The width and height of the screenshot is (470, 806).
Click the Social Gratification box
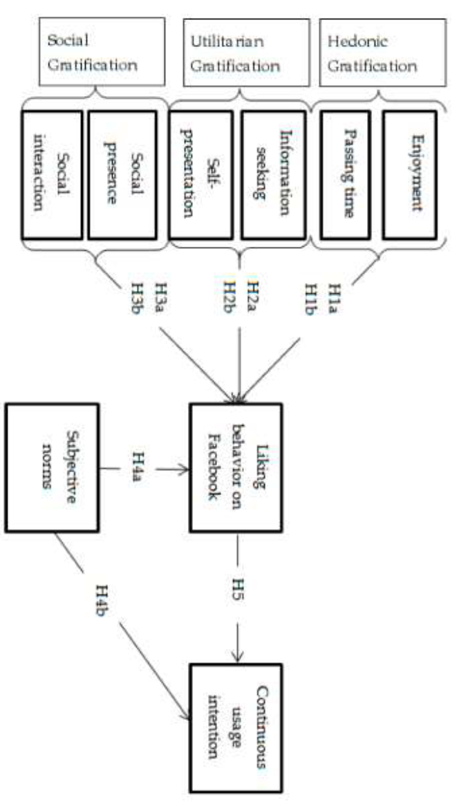click(x=102, y=52)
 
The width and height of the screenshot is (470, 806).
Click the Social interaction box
click(x=52, y=175)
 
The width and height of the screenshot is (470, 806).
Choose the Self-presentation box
click(x=200, y=175)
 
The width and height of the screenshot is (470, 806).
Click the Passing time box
click(x=345, y=175)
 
